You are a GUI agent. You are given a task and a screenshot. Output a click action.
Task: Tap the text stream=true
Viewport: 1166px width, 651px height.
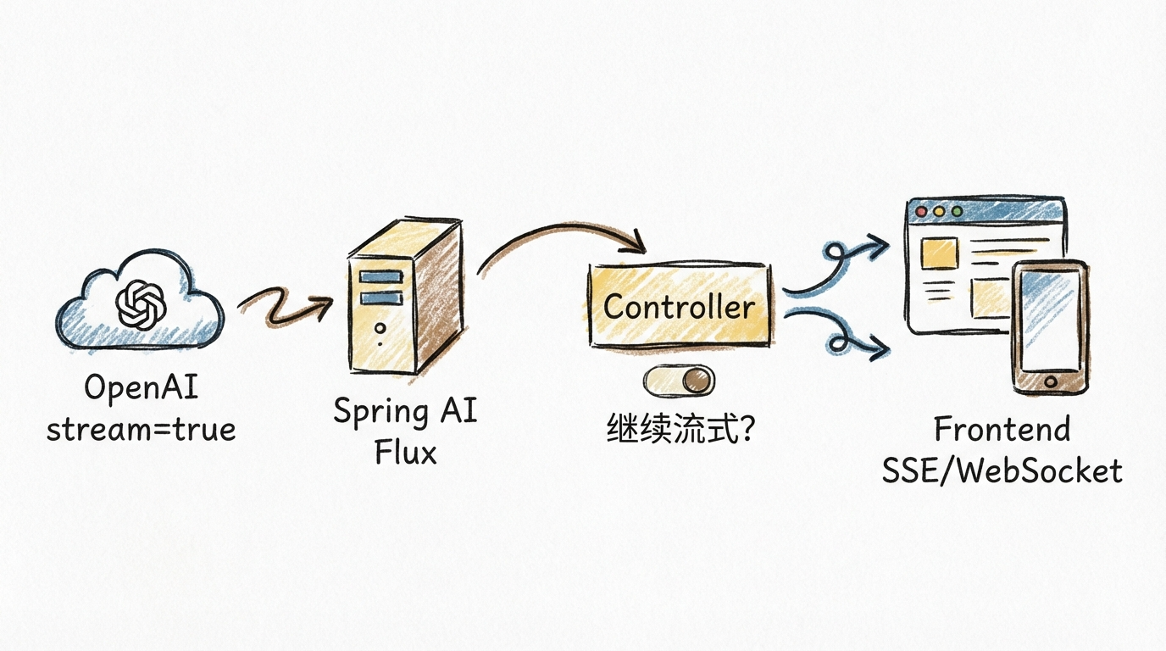(x=141, y=430)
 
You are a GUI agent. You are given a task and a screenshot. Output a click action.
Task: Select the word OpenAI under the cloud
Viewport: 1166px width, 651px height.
(x=141, y=389)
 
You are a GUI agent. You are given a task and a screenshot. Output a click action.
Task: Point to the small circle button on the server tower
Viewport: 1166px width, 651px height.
(x=380, y=327)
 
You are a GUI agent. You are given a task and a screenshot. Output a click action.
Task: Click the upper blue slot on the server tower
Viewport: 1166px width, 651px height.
(x=380, y=277)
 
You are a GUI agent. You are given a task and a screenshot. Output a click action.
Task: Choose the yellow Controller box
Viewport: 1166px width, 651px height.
(x=680, y=306)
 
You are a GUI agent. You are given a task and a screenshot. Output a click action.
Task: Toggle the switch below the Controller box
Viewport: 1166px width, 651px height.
(x=680, y=381)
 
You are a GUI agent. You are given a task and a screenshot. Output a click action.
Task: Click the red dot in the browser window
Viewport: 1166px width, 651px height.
(x=919, y=211)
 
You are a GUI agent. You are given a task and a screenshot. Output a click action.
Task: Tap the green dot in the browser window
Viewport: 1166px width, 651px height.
(x=957, y=211)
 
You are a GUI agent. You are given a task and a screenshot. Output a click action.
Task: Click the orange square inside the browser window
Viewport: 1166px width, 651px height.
(x=938, y=253)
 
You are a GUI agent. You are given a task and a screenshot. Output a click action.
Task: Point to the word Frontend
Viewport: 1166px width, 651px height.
(x=1002, y=430)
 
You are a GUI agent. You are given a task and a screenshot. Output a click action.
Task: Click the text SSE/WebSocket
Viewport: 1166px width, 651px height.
(x=1002, y=470)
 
